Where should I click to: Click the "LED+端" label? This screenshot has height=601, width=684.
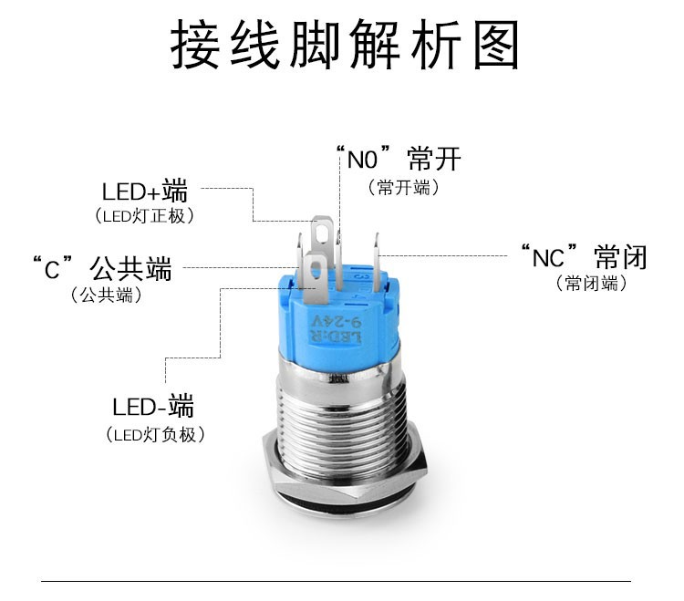144,192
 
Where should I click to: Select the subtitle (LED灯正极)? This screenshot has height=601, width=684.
144,216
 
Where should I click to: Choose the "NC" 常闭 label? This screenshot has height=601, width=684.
583,256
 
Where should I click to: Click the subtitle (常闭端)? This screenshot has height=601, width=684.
592,284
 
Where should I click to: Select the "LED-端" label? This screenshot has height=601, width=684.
153,407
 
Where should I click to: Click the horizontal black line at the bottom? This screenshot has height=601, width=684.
337,580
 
